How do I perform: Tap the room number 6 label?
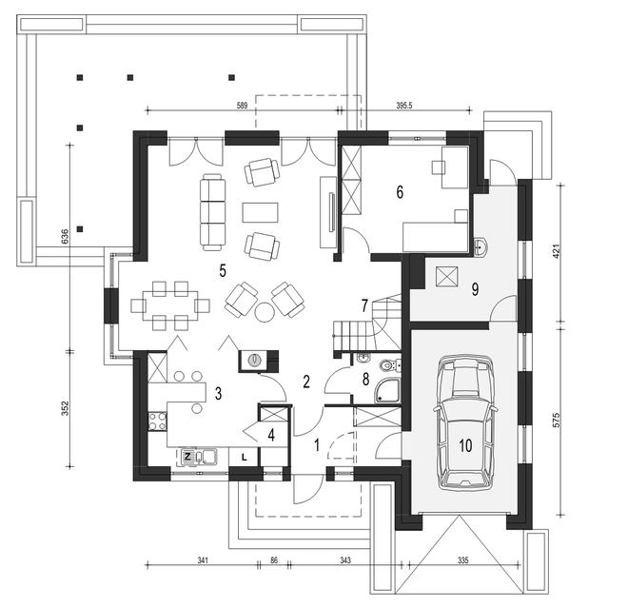tap(401, 191)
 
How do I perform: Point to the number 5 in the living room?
tap(223, 270)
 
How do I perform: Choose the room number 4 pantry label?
tap(271, 436)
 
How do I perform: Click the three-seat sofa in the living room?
tap(211, 209)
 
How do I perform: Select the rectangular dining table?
tap(168, 304)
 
